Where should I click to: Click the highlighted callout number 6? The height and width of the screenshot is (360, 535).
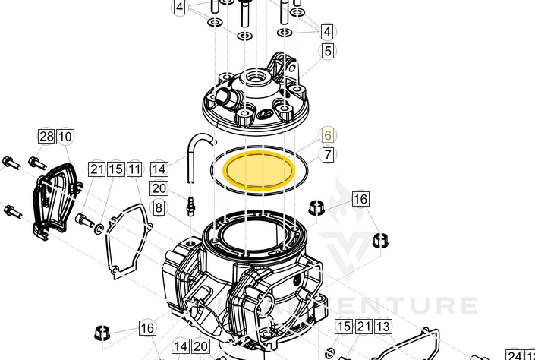327,135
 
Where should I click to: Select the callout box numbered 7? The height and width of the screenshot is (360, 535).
327,154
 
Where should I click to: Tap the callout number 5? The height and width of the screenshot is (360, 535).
327,51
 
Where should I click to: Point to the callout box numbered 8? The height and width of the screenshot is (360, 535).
159,207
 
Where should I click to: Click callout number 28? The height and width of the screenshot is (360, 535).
46,137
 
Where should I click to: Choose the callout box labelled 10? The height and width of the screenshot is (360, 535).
65,137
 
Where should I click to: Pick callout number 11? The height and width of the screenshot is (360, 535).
134,169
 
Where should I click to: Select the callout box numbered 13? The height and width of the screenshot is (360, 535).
382,327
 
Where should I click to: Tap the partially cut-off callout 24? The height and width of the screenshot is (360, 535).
514,355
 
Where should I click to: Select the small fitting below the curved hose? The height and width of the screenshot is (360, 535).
192,204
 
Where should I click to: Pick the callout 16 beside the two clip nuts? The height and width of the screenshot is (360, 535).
360,199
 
